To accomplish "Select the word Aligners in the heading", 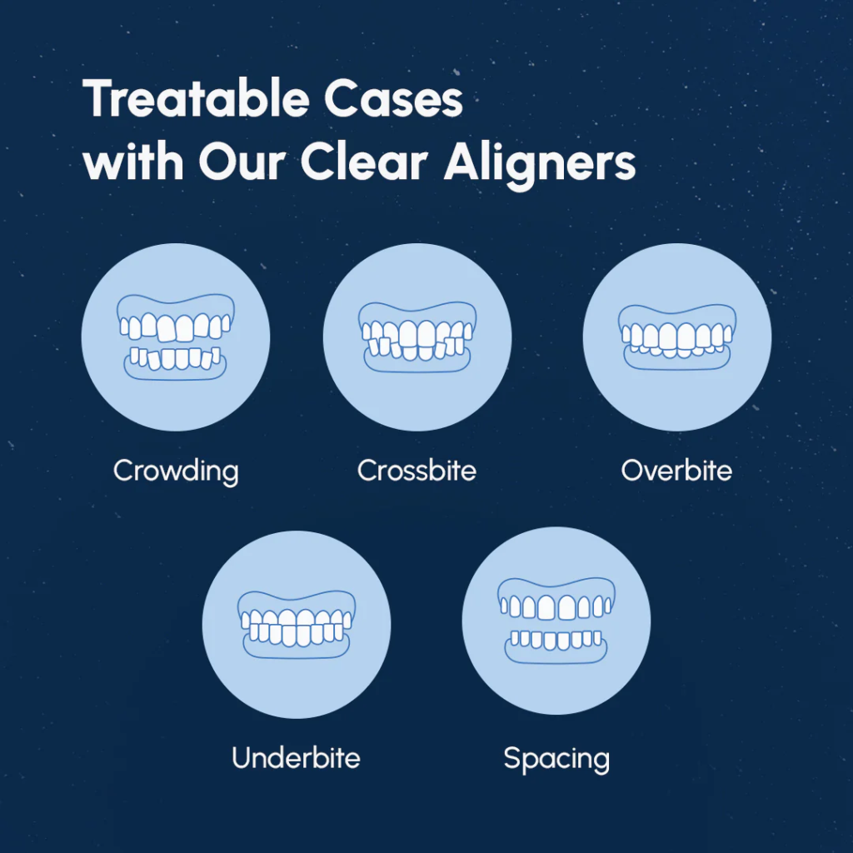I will point(540,163).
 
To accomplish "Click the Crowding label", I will point(176,471).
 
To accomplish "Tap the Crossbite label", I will point(417,471).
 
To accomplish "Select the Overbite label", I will point(676,471).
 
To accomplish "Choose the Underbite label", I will point(296,759).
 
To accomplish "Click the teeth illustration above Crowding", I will point(176,337).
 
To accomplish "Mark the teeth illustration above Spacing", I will point(556,621).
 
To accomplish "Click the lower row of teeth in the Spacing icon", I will point(556,641).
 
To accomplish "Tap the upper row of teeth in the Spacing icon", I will point(556,607).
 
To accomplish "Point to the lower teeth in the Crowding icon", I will point(176,358).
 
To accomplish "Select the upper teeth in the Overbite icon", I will point(676,335).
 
